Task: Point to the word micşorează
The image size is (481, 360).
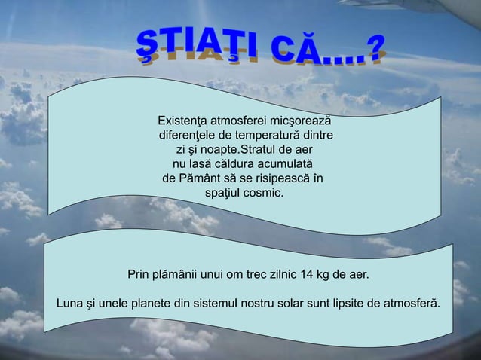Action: [301, 121]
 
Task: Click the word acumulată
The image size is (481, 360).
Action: [285, 163]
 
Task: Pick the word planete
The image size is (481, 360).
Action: [151, 304]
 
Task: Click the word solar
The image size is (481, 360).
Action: [287, 304]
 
